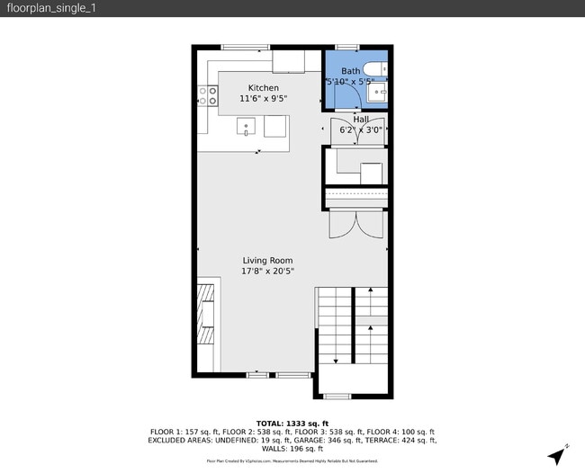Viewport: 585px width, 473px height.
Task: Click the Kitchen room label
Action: tap(251, 87)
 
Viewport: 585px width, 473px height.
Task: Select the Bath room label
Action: tap(350, 71)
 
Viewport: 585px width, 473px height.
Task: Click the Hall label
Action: tap(360, 119)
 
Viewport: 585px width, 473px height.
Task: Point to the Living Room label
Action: tap(267, 260)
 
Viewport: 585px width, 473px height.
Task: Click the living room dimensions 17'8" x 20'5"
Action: tap(267, 271)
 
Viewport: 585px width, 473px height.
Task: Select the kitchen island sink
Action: tap(247, 127)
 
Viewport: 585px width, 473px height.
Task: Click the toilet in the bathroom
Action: tap(378, 67)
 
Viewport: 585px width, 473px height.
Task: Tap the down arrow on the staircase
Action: tap(336, 359)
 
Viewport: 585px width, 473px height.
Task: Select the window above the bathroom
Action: tap(347, 47)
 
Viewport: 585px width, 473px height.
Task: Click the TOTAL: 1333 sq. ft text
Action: tap(292, 423)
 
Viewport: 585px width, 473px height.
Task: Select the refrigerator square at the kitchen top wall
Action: tap(289, 60)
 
